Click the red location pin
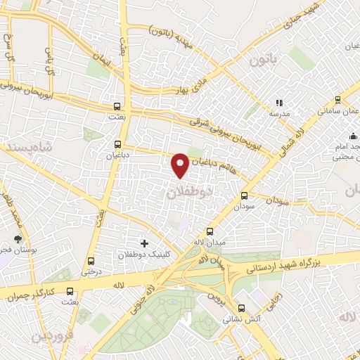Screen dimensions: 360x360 (x=180, y=165)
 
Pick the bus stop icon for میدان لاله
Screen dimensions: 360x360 (x=209, y=231)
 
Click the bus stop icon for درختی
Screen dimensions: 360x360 (x=89, y=259)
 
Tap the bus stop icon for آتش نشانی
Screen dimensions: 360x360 (x=241, y=307)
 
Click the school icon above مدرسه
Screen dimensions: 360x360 (x=279, y=102)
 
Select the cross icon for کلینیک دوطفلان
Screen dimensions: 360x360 (x=144, y=243)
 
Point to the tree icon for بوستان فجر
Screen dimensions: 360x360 (x=18, y=239)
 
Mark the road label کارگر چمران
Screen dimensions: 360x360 (x=32, y=293)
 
